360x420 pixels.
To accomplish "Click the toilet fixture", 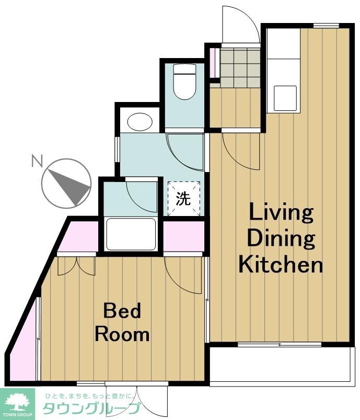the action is (x=184, y=82).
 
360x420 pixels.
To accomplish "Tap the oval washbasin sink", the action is (x=140, y=122).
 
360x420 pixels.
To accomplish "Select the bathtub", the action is (x=131, y=234).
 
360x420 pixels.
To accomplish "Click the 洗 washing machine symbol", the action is (x=184, y=198).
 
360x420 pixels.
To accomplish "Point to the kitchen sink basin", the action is (x=285, y=98).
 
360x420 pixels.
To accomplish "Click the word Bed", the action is (x=122, y=311).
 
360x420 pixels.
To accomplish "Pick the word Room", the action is (x=122, y=334).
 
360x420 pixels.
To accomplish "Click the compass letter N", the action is (x=37, y=160).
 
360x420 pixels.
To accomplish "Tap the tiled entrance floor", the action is (x=240, y=67).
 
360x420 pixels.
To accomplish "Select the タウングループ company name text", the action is (x=91, y=409).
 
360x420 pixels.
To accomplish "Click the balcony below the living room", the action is (x=282, y=366).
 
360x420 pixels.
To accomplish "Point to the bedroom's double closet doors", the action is (x=77, y=266).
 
